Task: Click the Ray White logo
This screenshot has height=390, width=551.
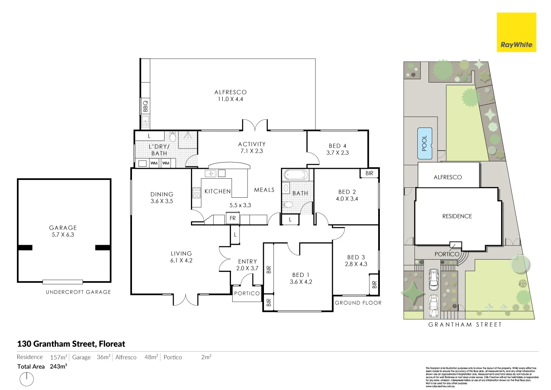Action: [516, 32]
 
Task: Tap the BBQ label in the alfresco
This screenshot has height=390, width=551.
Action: [145, 106]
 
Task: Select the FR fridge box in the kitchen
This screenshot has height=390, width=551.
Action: [233, 218]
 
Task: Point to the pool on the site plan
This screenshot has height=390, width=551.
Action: [424, 143]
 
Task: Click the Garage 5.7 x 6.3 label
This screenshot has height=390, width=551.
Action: [63, 231]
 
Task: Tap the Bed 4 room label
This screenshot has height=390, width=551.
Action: [337, 149]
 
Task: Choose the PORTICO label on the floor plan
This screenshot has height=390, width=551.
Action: [247, 293]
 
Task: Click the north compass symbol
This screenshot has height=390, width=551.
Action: [27, 378]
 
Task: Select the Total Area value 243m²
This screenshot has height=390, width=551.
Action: [59, 366]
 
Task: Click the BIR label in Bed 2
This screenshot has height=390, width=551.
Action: [369, 173]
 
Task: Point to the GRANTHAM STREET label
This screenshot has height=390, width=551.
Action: [465, 324]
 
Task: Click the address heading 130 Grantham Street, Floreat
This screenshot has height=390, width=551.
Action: [71, 344]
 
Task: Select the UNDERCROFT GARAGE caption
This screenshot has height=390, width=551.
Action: [78, 292]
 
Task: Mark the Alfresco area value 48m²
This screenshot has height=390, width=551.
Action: [151, 357]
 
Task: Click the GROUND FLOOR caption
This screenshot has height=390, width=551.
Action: [358, 303]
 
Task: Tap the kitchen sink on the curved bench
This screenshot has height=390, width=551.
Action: [210, 174]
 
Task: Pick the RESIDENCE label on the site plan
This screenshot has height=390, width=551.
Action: [457, 216]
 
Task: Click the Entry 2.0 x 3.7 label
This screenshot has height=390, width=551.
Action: [247, 265]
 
